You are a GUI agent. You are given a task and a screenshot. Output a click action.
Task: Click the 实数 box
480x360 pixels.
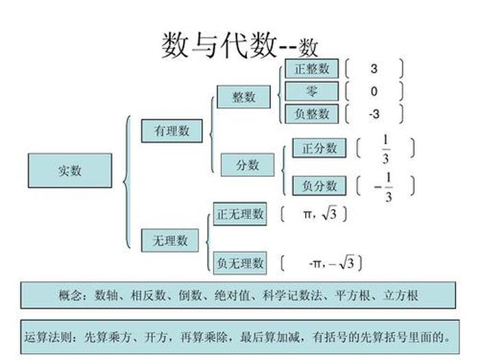pos(69,171)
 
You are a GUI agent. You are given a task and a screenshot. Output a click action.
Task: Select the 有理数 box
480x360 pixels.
pos(171,130)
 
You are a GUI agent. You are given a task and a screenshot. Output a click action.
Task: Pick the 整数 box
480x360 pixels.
pos(243,97)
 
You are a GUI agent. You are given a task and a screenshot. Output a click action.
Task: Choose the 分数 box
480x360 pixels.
pos(248,165)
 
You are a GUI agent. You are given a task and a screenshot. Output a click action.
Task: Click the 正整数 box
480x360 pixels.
pos(312,69)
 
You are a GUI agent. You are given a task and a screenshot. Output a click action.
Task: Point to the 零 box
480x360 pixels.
pos(312,91)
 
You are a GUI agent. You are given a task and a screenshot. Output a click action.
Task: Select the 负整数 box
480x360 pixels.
pos(312,114)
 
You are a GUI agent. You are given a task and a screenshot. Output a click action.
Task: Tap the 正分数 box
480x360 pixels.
pos(320,147)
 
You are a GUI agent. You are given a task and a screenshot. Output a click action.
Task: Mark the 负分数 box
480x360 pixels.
pos(320,185)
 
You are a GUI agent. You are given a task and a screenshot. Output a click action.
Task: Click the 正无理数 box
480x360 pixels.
pos(240,214)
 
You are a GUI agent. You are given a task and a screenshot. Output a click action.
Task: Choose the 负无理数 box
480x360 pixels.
pos(240,263)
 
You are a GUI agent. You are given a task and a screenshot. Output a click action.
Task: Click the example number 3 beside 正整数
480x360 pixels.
pos(374,69)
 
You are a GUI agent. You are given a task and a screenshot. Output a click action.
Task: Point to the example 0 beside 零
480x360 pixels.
pos(374,91)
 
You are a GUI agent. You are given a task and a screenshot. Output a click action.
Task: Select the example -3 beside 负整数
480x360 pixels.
pos(374,114)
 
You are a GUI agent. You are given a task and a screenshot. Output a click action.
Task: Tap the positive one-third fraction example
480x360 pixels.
pos(385,149)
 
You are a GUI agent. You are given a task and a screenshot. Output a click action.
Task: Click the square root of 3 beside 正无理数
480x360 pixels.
pos(330,215)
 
